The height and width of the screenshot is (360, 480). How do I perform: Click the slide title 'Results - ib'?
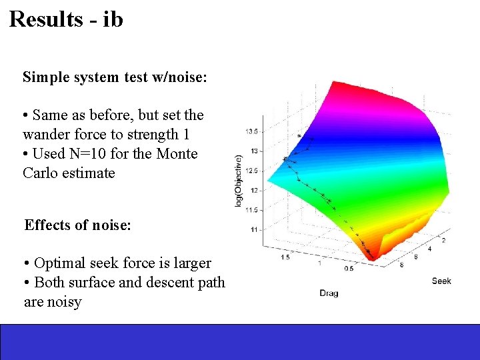click(66, 19)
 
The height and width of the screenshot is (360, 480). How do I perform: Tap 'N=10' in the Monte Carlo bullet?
click(102, 153)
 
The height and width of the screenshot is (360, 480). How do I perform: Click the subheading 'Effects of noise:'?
click(77, 225)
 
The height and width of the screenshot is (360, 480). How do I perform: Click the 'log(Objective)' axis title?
click(238, 180)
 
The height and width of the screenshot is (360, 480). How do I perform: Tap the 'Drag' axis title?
click(329, 293)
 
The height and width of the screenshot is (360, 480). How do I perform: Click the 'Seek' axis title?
click(441, 281)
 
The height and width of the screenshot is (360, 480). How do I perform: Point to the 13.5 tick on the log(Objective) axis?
click(251, 131)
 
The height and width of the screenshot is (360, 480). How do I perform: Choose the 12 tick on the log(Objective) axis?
click(253, 190)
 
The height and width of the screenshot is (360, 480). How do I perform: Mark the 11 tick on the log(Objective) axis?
click(253, 229)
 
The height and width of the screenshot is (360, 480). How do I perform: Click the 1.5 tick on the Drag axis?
click(285, 257)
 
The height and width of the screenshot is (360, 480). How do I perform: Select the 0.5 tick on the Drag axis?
click(349, 268)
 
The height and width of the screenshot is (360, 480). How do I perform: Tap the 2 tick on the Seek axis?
click(443, 240)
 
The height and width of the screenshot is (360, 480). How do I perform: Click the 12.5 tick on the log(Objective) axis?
click(251, 170)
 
